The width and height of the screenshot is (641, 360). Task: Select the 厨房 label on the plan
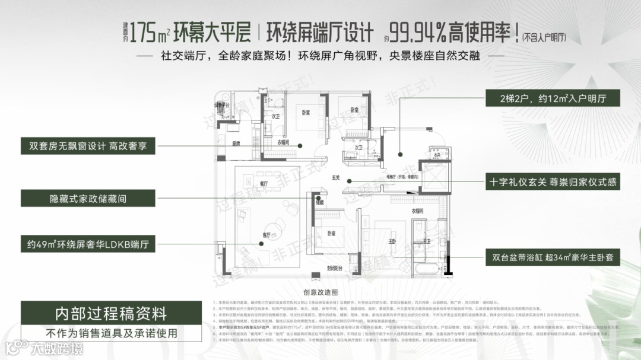point(236,144)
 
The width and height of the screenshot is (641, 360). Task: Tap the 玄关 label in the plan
point(335,178)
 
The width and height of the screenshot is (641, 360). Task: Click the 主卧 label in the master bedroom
point(392,241)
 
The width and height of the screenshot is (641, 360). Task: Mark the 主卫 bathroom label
point(426,241)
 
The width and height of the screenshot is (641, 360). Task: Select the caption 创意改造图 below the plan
point(320,292)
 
